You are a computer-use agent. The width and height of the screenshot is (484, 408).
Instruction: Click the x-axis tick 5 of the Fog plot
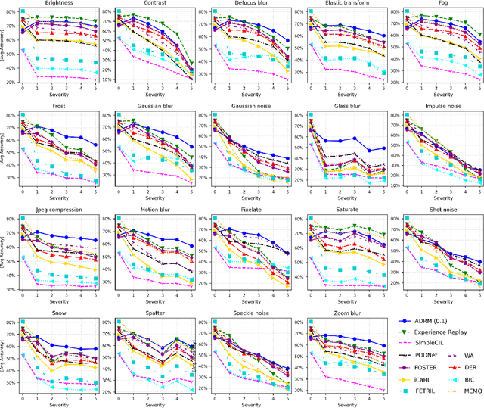[479, 89]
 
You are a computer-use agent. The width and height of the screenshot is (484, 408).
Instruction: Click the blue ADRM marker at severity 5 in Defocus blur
[287, 42]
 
